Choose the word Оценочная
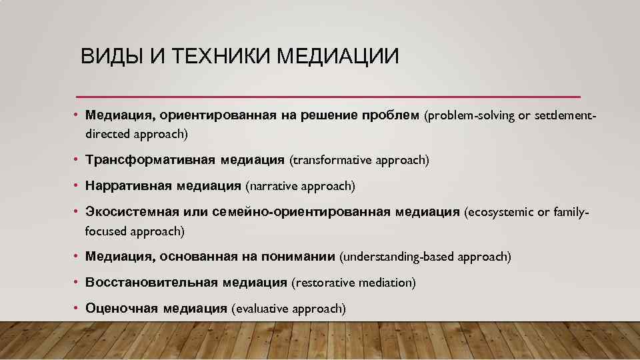(x=121, y=308)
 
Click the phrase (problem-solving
(x=469, y=116)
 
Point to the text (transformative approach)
(x=359, y=161)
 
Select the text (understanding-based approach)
(x=425, y=257)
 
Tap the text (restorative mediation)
(x=353, y=283)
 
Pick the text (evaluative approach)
(x=288, y=308)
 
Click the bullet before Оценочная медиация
(x=77, y=308)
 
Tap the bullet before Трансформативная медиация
(x=77, y=160)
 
